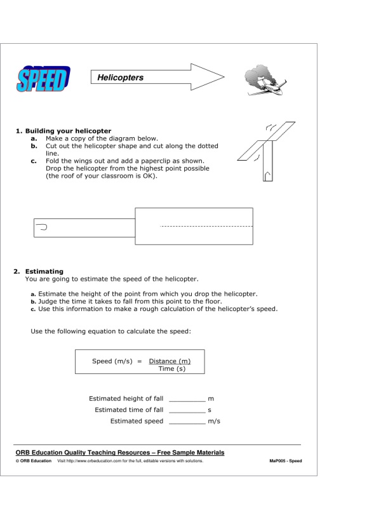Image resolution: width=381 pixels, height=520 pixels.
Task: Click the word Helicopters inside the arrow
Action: (121, 78)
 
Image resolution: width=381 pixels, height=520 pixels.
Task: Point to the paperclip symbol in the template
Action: (43, 226)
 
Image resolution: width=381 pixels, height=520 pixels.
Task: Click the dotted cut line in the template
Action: (206, 226)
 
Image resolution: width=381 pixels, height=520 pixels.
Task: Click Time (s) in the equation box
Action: (171, 369)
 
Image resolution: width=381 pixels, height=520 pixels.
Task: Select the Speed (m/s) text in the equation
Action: (112, 361)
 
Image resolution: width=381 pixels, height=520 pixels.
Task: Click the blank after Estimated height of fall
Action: (187, 399)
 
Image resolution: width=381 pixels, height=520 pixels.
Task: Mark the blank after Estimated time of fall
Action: (187, 410)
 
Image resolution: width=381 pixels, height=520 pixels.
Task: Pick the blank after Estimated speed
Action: (187, 422)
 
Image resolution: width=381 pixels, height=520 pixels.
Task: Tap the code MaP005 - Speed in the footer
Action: (285, 461)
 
